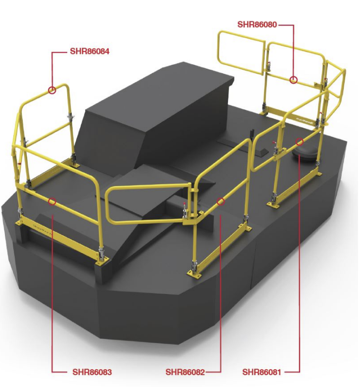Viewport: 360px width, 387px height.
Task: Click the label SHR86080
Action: click(257, 25)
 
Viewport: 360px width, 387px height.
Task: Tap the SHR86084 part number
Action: click(90, 51)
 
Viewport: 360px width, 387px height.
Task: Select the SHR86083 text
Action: click(92, 372)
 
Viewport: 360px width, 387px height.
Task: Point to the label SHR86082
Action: click(185, 372)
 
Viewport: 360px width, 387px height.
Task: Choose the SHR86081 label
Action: click(262, 372)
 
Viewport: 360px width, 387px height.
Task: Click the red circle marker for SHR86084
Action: click(52, 90)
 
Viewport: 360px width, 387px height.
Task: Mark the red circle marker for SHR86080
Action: click(293, 80)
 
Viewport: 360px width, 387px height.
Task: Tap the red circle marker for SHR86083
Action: click(52, 201)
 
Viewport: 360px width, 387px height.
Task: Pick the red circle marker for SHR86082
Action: click(221, 201)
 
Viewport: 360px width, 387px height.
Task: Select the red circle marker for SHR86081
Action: click(300, 142)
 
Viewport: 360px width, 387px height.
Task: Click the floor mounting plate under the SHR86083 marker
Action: click(103, 260)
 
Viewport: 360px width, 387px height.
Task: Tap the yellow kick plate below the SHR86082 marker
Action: click(220, 249)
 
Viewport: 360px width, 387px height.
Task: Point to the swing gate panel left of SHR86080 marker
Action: click(241, 52)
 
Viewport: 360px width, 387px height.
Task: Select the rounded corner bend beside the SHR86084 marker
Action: click(64, 87)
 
